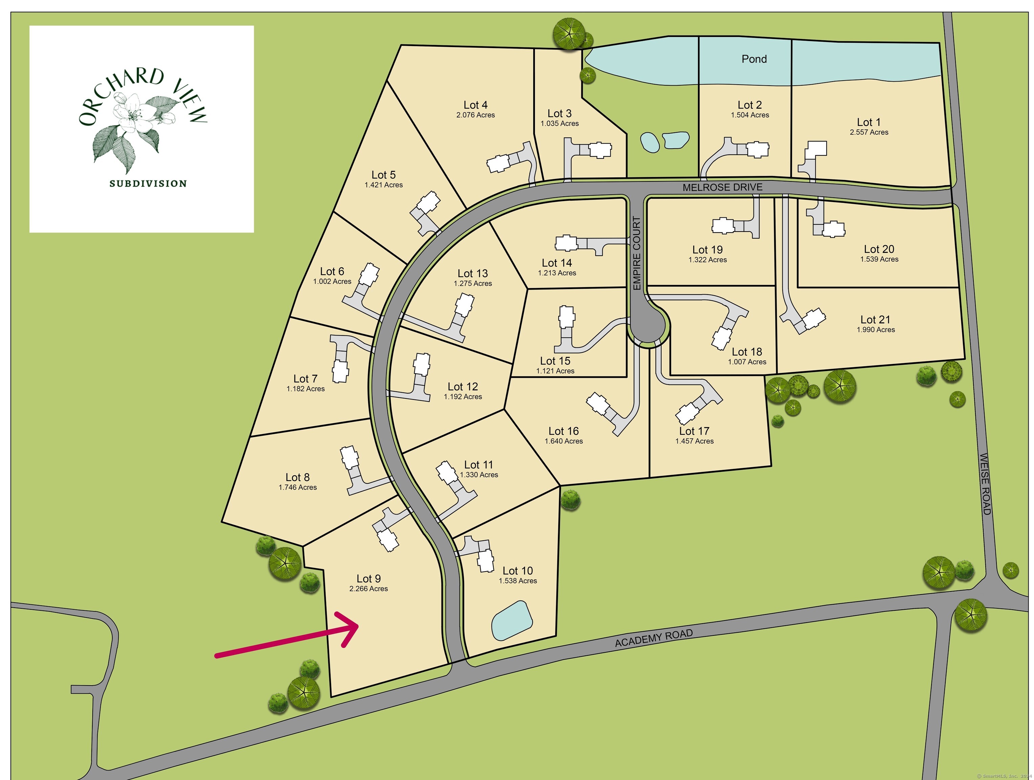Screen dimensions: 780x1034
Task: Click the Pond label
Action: coord(754,59)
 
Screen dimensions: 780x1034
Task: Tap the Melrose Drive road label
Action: coord(722,187)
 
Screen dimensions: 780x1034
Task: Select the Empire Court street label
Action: coord(637,253)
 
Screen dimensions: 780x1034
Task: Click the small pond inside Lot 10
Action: coord(512,621)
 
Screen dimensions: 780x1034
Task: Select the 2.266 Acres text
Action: coord(368,589)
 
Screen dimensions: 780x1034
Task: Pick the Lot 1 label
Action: coord(869,122)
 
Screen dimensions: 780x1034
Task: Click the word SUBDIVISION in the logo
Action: coord(148,184)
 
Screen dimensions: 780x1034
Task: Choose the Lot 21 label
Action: coord(875,320)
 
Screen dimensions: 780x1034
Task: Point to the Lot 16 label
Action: coord(563,431)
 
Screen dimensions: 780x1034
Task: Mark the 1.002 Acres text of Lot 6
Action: coord(332,282)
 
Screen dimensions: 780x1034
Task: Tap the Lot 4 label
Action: coord(475,105)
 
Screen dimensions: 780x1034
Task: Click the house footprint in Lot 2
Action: coord(757,150)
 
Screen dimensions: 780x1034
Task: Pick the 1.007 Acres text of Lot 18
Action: coord(747,362)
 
